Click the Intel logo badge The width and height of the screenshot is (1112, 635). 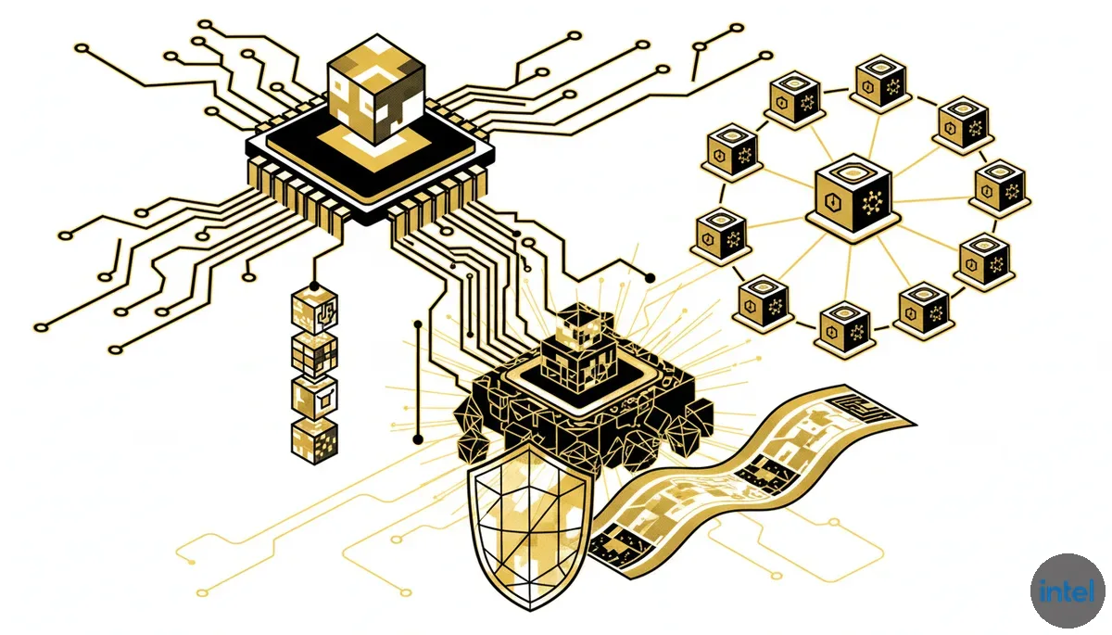coord(1068,591)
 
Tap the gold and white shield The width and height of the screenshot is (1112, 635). coord(530,527)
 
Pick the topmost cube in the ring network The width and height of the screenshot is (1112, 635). coord(880,81)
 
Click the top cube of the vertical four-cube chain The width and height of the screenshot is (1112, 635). coord(314,311)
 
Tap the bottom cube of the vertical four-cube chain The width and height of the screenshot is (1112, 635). coord(314,441)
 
